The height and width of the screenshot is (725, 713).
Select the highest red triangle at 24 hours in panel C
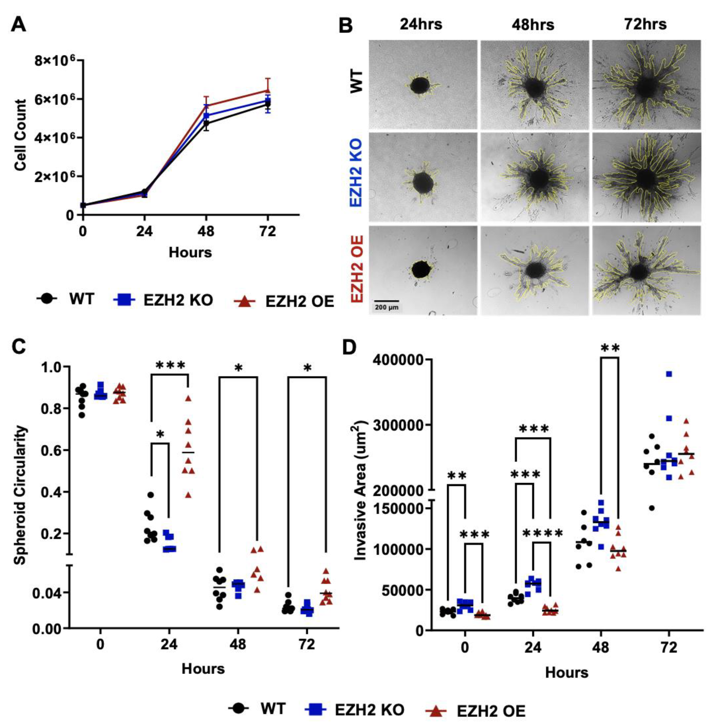click(x=188, y=398)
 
